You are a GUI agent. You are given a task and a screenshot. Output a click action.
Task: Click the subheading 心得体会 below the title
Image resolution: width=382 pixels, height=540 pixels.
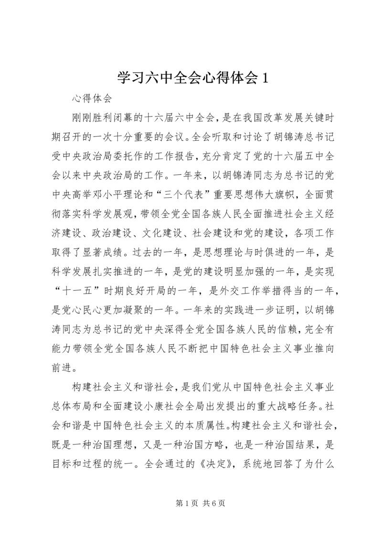[91, 99]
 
